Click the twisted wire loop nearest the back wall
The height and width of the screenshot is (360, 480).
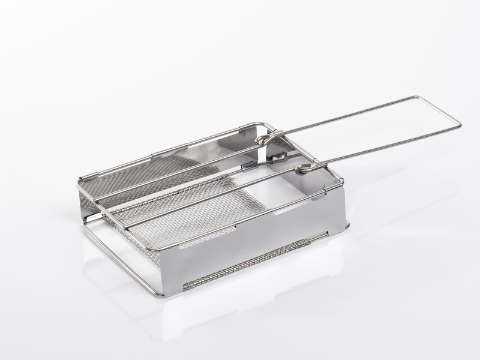coord(262,140)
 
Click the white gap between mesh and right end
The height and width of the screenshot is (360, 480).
coord(288,186)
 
